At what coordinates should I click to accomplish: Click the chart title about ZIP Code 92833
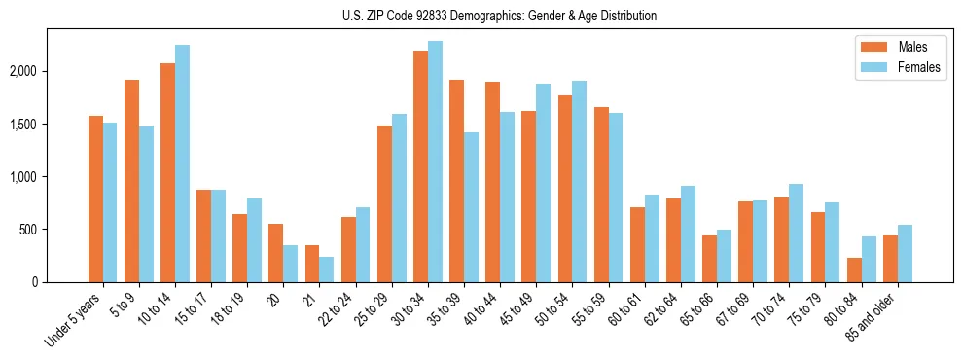pyautogui.click(x=500, y=16)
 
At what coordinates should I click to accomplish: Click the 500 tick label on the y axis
pyautogui.click(x=55, y=230)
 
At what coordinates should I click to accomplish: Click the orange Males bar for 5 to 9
pyautogui.click(x=132, y=181)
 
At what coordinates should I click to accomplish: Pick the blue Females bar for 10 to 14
pyautogui.click(x=183, y=163)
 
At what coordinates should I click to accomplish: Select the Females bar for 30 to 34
pyautogui.click(x=435, y=162)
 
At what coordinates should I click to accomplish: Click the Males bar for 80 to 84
pyautogui.click(x=854, y=270)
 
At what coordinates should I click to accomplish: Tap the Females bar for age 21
pyautogui.click(x=327, y=270)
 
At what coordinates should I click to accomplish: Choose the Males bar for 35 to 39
pyautogui.click(x=457, y=181)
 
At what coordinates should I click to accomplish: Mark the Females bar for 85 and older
pyautogui.click(x=905, y=254)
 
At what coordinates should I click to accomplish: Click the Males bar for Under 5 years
pyautogui.click(x=96, y=199)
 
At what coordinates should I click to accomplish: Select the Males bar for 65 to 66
pyautogui.click(x=710, y=259)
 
